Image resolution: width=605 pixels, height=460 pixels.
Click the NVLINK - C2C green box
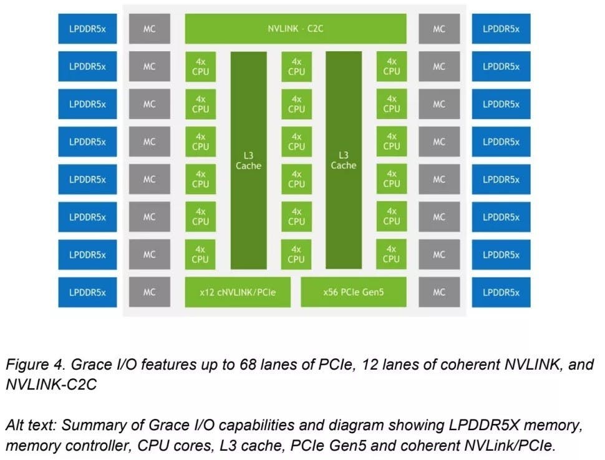(296, 29)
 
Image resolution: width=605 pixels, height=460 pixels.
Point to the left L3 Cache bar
(248, 160)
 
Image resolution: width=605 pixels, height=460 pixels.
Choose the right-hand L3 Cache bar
(343, 160)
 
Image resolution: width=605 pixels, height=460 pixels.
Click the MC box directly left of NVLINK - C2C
(149, 29)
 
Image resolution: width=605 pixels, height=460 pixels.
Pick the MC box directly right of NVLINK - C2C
(439, 29)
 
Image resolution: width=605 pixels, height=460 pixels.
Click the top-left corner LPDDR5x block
(87, 29)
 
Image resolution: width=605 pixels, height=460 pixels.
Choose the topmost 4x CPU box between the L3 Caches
(296, 67)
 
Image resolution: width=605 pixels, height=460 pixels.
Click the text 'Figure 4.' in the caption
(30, 365)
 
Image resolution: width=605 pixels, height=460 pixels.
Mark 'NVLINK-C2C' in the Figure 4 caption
(52, 385)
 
